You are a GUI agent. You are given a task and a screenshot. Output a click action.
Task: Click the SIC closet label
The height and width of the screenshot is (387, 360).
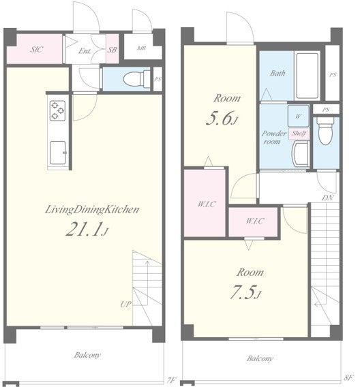click(x=37, y=49)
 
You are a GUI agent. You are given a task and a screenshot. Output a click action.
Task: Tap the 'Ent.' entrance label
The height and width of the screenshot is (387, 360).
click(x=85, y=51)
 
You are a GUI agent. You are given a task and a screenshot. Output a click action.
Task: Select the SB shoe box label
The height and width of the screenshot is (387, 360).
click(x=112, y=50)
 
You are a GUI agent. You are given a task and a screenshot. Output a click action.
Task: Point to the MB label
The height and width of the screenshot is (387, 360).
click(x=142, y=48)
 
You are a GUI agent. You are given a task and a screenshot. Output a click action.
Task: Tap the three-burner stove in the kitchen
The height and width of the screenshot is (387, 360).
click(x=57, y=110)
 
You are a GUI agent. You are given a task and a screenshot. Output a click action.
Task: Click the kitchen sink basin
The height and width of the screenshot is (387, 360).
click(x=58, y=153)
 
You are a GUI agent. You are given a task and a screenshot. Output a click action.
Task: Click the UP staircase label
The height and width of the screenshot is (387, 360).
click(x=125, y=305)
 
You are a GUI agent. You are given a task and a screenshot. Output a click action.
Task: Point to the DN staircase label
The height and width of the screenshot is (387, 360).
click(x=328, y=198)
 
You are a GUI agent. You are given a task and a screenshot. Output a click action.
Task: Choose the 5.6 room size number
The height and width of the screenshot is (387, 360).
click(x=220, y=119)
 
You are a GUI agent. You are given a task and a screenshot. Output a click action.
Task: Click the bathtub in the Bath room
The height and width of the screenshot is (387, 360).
click(x=307, y=76)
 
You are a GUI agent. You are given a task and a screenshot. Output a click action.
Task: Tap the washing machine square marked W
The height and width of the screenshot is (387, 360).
click(x=298, y=116)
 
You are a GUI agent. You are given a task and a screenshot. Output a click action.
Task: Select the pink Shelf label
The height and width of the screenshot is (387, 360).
click(x=299, y=134)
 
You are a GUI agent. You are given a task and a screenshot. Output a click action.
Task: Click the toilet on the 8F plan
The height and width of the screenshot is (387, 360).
click(x=326, y=131)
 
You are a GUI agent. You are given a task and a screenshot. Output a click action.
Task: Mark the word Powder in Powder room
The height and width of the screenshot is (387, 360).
click(x=273, y=134)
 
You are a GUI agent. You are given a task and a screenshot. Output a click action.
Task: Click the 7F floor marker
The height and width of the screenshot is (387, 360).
click(x=172, y=380)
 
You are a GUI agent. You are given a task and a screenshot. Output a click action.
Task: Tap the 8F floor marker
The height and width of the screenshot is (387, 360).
click(x=348, y=377)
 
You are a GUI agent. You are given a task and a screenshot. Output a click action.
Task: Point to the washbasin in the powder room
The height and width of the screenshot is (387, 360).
click(x=301, y=154)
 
